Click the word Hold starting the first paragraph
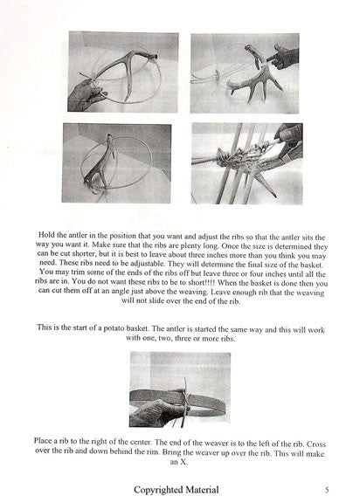(45, 235)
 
